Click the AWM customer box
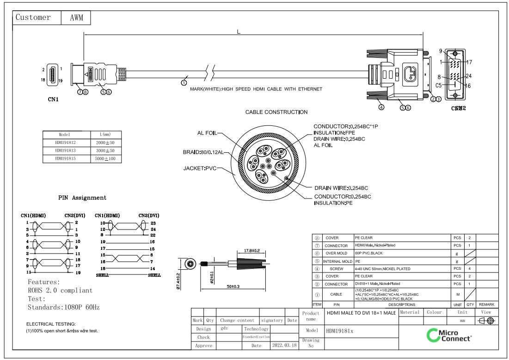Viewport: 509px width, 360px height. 76,18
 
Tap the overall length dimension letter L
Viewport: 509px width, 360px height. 239,32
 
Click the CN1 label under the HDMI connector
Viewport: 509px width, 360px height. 53,99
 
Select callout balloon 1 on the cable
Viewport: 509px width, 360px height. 184,83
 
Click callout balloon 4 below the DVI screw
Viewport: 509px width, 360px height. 381,107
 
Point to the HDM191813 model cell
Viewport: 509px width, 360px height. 65,150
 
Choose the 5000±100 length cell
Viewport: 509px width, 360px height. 105,159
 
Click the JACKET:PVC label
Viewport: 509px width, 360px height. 200,168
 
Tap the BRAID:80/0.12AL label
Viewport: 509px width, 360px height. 203,152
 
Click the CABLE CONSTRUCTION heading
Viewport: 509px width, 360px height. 276,112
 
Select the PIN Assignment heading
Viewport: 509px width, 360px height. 82,198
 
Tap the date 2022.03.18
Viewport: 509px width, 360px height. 285,346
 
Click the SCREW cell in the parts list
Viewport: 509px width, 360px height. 336,268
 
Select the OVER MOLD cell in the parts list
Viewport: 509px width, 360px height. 336,253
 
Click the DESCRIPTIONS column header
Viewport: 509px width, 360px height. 401,304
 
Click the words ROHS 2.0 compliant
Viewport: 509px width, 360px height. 60,291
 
